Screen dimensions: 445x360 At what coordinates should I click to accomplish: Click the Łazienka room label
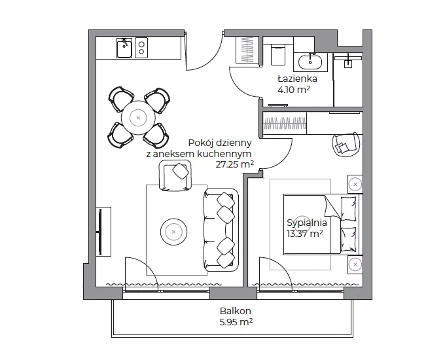point(297,79)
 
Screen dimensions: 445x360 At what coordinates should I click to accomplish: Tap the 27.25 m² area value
point(235,164)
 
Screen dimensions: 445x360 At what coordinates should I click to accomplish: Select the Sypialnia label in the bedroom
point(307,223)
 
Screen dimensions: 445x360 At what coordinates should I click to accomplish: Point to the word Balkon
point(236,311)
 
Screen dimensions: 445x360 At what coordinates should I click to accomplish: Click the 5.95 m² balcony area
point(236,322)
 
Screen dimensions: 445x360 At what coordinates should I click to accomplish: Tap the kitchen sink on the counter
point(124,48)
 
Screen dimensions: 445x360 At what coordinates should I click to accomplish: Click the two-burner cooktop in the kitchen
point(141,48)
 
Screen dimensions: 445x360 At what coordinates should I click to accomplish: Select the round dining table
point(138,118)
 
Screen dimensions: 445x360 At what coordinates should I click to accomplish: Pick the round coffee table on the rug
point(173,232)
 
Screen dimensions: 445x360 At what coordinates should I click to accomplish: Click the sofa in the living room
point(221,230)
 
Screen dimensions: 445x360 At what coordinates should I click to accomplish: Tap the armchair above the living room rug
point(175,175)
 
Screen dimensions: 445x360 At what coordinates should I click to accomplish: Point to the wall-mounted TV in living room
point(100,232)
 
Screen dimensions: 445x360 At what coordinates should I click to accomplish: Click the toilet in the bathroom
point(278,54)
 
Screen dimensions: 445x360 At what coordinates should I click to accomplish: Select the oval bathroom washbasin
point(310,62)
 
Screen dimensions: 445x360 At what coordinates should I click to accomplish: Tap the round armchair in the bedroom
point(347,144)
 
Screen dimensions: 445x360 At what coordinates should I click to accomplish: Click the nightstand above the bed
point(355,185)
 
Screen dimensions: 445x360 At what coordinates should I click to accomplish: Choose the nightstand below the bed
point(355,264)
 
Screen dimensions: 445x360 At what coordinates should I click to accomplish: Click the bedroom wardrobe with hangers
point(285,124)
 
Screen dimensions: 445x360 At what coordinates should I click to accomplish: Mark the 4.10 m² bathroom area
point(293,90)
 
